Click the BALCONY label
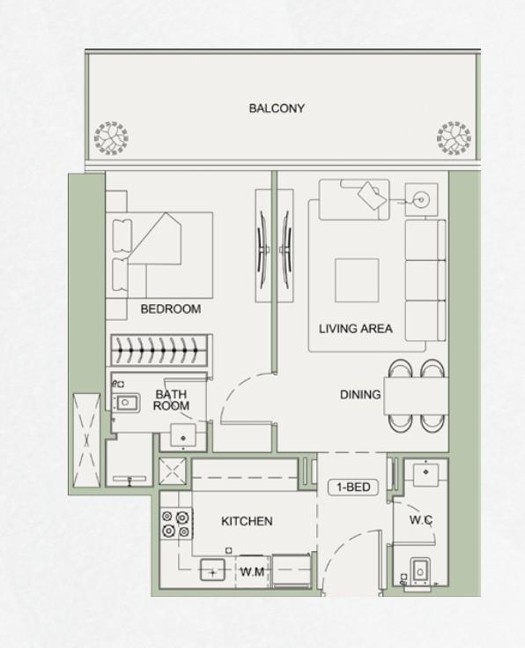point(276,108)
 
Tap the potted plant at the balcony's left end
point(112,138)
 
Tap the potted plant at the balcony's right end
point(455,138)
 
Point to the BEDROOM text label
point(170,309)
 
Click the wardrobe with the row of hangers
point(159,350)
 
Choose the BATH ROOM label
point(171,400)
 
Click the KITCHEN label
point(247,521)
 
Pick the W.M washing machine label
point(253,572)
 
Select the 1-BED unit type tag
point(351,487)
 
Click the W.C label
point(421,520)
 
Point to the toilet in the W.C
point(420,572)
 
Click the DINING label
point(360,395)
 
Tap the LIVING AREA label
point(355,329)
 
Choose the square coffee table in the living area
point(356,279)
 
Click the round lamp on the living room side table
point(420,200)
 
